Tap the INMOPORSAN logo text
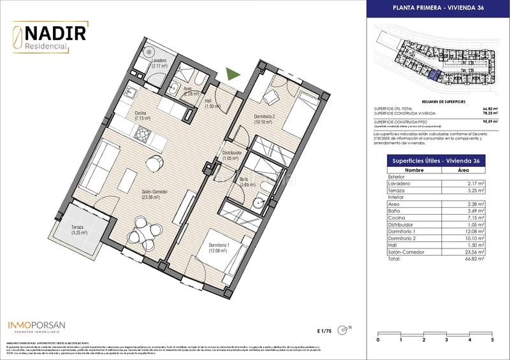pos(36,325)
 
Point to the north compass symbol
pos(346,329)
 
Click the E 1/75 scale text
pos(324,330)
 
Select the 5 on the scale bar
pos(492,340)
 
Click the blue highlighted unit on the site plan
pos(434,76)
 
